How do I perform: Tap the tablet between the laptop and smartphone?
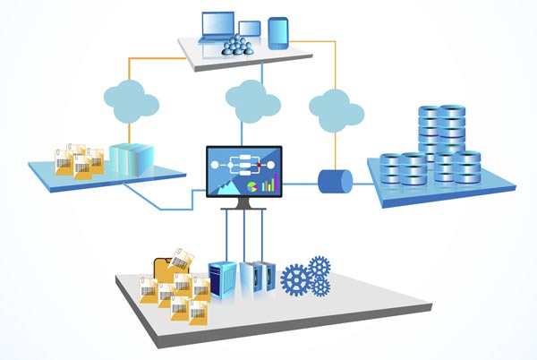pyautogui.click(x=250, y=32)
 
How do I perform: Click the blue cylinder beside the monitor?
pyautogui.click(x=336, y=181)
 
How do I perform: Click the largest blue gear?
pyautogui.click(x=294, y=279)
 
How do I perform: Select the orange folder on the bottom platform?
pyautogui.click(x=167, y=270)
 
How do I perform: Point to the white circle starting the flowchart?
pyautogui.click(x=214, y=165)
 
